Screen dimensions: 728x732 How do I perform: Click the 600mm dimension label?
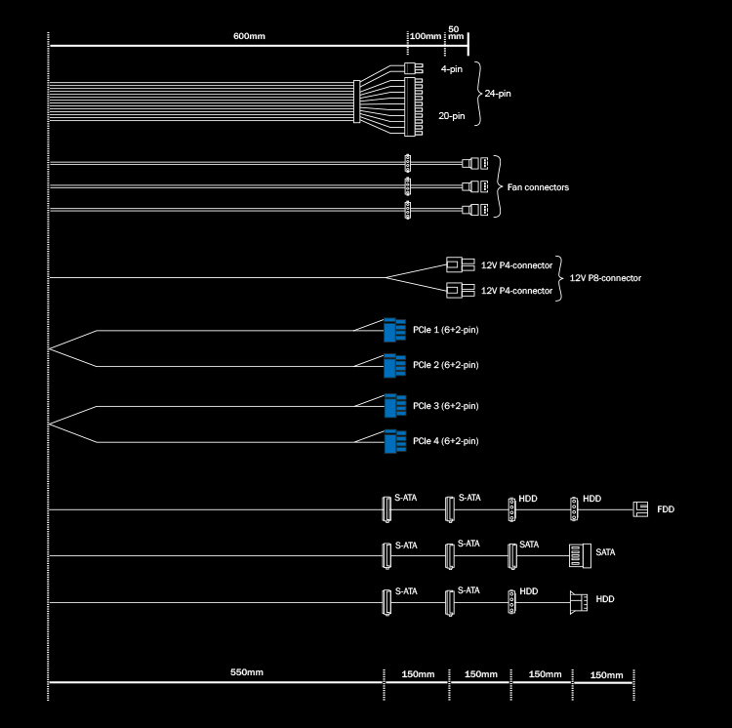coord(250,36)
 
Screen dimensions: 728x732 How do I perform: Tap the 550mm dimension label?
coord(247,672)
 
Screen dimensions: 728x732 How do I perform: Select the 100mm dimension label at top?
coord(426,36)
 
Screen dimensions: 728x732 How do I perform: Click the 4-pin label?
coord(451,70)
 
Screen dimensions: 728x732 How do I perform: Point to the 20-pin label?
coord(452,117)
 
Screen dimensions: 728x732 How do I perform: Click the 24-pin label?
coord(498,94)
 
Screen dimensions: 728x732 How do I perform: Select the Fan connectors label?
coord(538,186)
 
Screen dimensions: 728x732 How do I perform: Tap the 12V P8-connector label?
coord(605,278)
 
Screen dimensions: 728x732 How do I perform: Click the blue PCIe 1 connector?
coord(394,330)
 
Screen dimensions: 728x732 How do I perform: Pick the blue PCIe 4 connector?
coord(394,441)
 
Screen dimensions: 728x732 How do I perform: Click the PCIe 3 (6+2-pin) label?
coord(445,405)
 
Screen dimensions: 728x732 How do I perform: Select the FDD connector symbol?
coord(640,509)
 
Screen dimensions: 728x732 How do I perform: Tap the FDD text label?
coord(666,509)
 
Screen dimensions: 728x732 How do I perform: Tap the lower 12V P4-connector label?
coord(516,291)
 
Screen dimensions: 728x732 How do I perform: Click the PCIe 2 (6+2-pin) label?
coord(445,365)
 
